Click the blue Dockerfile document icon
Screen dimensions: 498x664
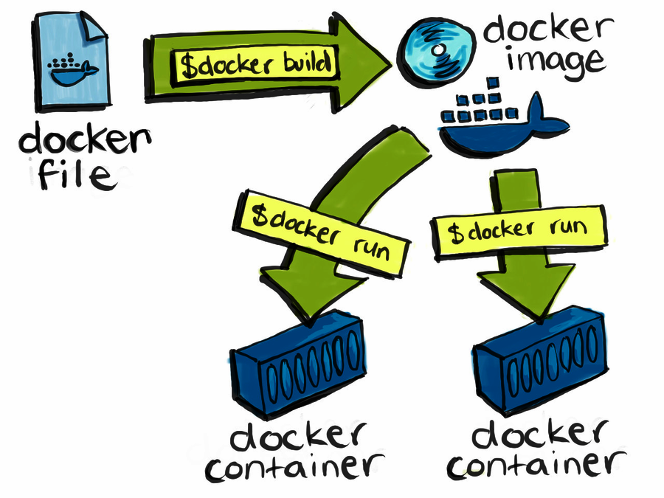click(x=70, y=66)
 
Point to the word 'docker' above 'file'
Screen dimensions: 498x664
click(x=85, y=140)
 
